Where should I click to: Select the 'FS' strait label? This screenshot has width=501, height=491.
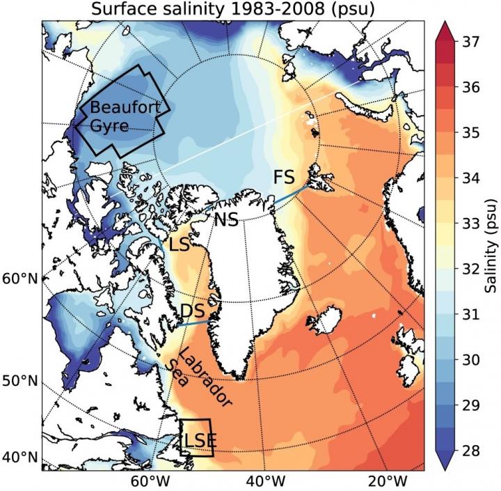(284, 177)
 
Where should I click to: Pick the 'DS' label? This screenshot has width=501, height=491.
(192, 310)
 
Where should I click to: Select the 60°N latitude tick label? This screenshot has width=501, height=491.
(20, 279)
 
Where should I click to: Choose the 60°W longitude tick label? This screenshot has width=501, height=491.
(147, 481)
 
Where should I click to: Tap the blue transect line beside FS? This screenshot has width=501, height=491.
(290, 194)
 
